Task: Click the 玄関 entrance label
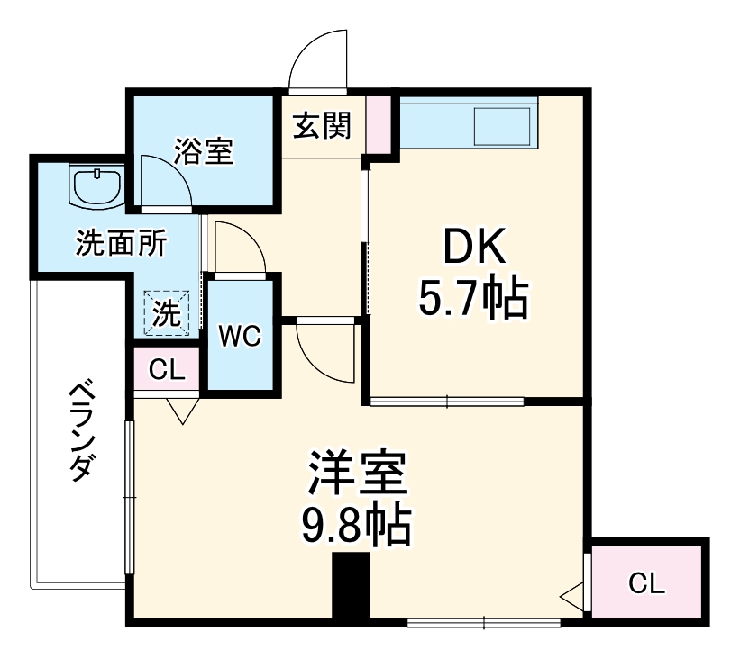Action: pyautogui.click(x=321, y=128)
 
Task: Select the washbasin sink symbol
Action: pyautogui.click(x=96, y=187)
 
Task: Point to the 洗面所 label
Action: pyautogui.click(x=120, y=244)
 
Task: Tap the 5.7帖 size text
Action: pyautogui.click(x=473, y=300)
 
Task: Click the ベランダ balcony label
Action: pyautogui.click(x=83, y=431)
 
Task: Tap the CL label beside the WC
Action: pyautogui.click(x=167, y=369)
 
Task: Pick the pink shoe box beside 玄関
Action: pyautogui.click(x=379, y=124)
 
